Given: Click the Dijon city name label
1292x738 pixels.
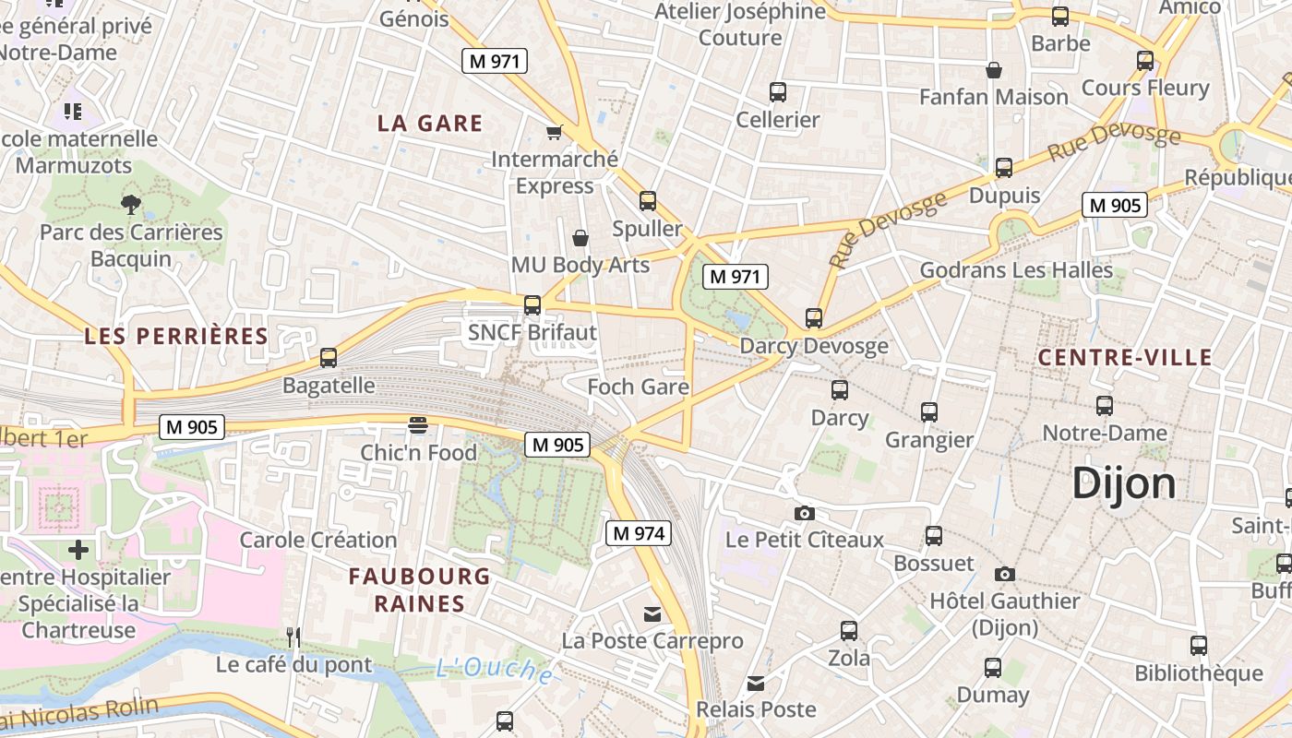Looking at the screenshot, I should click(x=1124, y=484).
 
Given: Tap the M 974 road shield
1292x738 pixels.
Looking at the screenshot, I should click(x=638, y=533).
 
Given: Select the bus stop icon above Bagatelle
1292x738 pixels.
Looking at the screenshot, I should click(x=329, y=358).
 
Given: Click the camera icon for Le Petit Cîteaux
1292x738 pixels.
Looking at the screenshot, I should click(x=805, y=513).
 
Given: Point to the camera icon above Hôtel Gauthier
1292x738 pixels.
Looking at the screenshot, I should click(x=1005, y=574).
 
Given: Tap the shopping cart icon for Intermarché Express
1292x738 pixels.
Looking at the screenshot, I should click(x=555, y=132).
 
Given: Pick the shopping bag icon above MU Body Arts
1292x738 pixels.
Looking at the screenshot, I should click(x=580, y=238).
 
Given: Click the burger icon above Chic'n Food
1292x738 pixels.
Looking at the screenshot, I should click(x=418, y=424).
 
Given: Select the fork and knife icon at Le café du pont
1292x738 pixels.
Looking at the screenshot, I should click(x=293, y=637).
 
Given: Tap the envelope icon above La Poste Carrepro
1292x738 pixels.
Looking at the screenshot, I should click(x=652, y=613).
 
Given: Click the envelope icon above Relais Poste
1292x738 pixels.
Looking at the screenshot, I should click(x=756, y=683).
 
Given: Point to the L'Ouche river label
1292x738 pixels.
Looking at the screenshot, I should click(x=495, y=670).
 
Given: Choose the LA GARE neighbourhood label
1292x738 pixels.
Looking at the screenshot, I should click(x=430, y=124).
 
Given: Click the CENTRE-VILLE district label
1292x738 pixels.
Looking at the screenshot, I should click(x=1124, y=358).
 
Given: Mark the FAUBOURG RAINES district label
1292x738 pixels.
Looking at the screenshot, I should click(x=420, y=590).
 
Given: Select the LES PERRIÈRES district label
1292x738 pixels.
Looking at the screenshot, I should click(x=176, y=336).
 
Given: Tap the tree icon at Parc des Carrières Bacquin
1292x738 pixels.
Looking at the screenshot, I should click(x=131, y=204).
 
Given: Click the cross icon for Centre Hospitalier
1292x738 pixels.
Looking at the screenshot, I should click(x=78, y=550).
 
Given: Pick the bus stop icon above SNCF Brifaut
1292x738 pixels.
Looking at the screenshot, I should click(x=532, y=305).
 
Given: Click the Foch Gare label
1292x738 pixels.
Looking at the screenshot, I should click(x=639, y=387).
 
